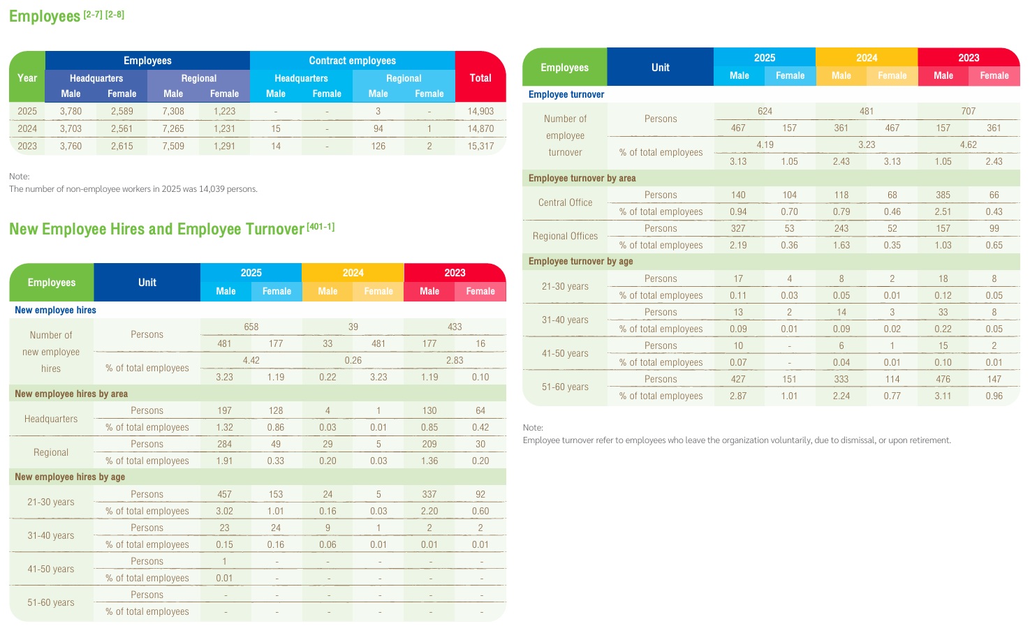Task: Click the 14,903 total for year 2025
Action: tap(480, 111)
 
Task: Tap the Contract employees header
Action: tap(352, 60)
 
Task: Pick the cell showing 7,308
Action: tap(173, 111)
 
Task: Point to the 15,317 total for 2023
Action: tap(480, 146)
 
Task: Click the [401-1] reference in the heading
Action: tap(321, 227)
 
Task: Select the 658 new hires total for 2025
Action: tap(251, 327)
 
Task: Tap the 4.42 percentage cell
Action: tap(251, 360)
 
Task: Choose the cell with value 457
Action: tap(224, 494)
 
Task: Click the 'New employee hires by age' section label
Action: tap(70, 477)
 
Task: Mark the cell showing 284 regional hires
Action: tap(224, 444)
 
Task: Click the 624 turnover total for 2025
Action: tap(765, 111)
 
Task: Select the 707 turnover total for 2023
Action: tap(969, 111)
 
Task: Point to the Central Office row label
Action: tap(565, 202)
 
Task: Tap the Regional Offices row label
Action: tap(565, 236)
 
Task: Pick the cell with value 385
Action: tap(943, 195)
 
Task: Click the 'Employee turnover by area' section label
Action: tap(582, 178)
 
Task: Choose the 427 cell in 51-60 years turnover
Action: tap(738, 379)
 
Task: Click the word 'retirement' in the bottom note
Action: tap(928, 440)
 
